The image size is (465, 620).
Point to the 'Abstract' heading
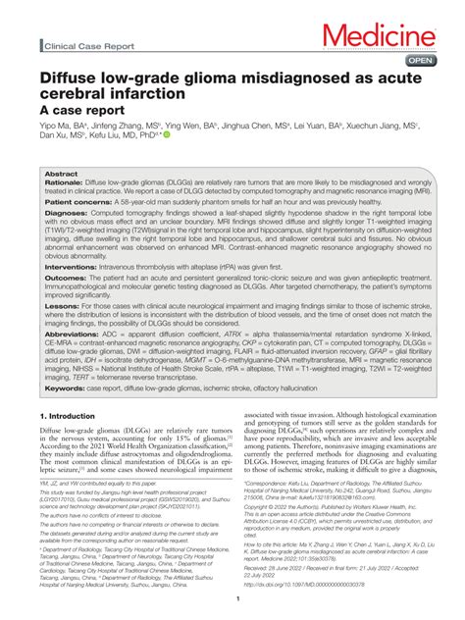61,173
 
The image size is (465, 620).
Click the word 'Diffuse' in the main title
71,76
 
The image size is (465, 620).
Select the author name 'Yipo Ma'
57,127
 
